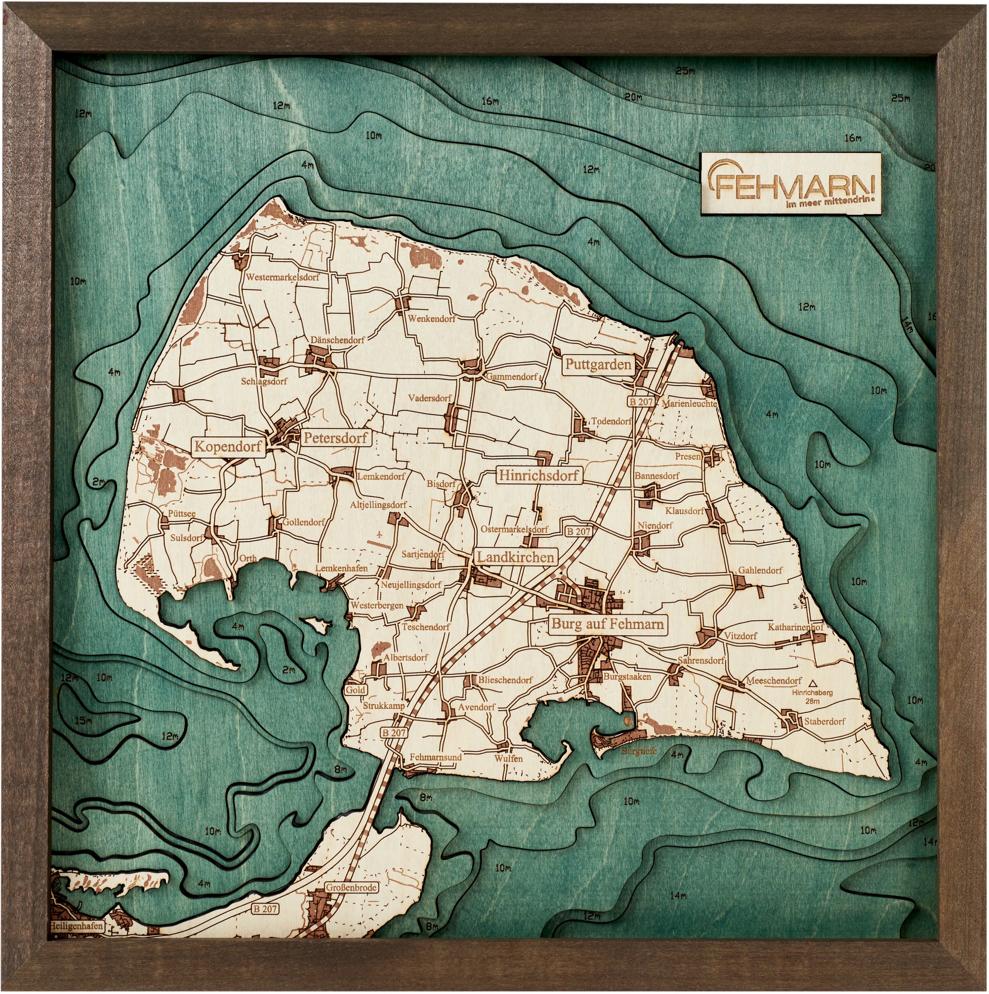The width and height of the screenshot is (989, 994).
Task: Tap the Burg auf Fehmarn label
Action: (x=607, y=624)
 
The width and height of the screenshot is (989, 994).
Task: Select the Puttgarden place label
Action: (x=598, y=365)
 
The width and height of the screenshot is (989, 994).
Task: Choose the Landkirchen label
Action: (x=515, y=557)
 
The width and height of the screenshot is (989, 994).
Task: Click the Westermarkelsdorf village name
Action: (x=282, y=277)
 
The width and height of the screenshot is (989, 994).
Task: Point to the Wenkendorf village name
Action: (x=432, y=319)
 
